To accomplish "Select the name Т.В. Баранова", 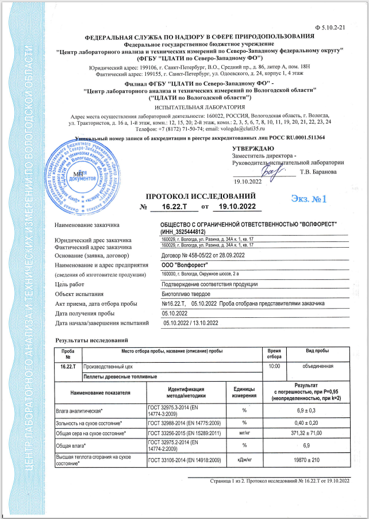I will pyautogui.click(x=321, y=171).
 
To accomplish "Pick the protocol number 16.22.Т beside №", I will pyautogui.click(x=171, y=206).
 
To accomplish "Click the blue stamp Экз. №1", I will pyautogui.click(x=308, y=199).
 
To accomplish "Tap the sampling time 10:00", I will pyautogui.click(x=275, y=366).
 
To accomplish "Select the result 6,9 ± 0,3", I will pyautogui.click(x=314, y=410).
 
